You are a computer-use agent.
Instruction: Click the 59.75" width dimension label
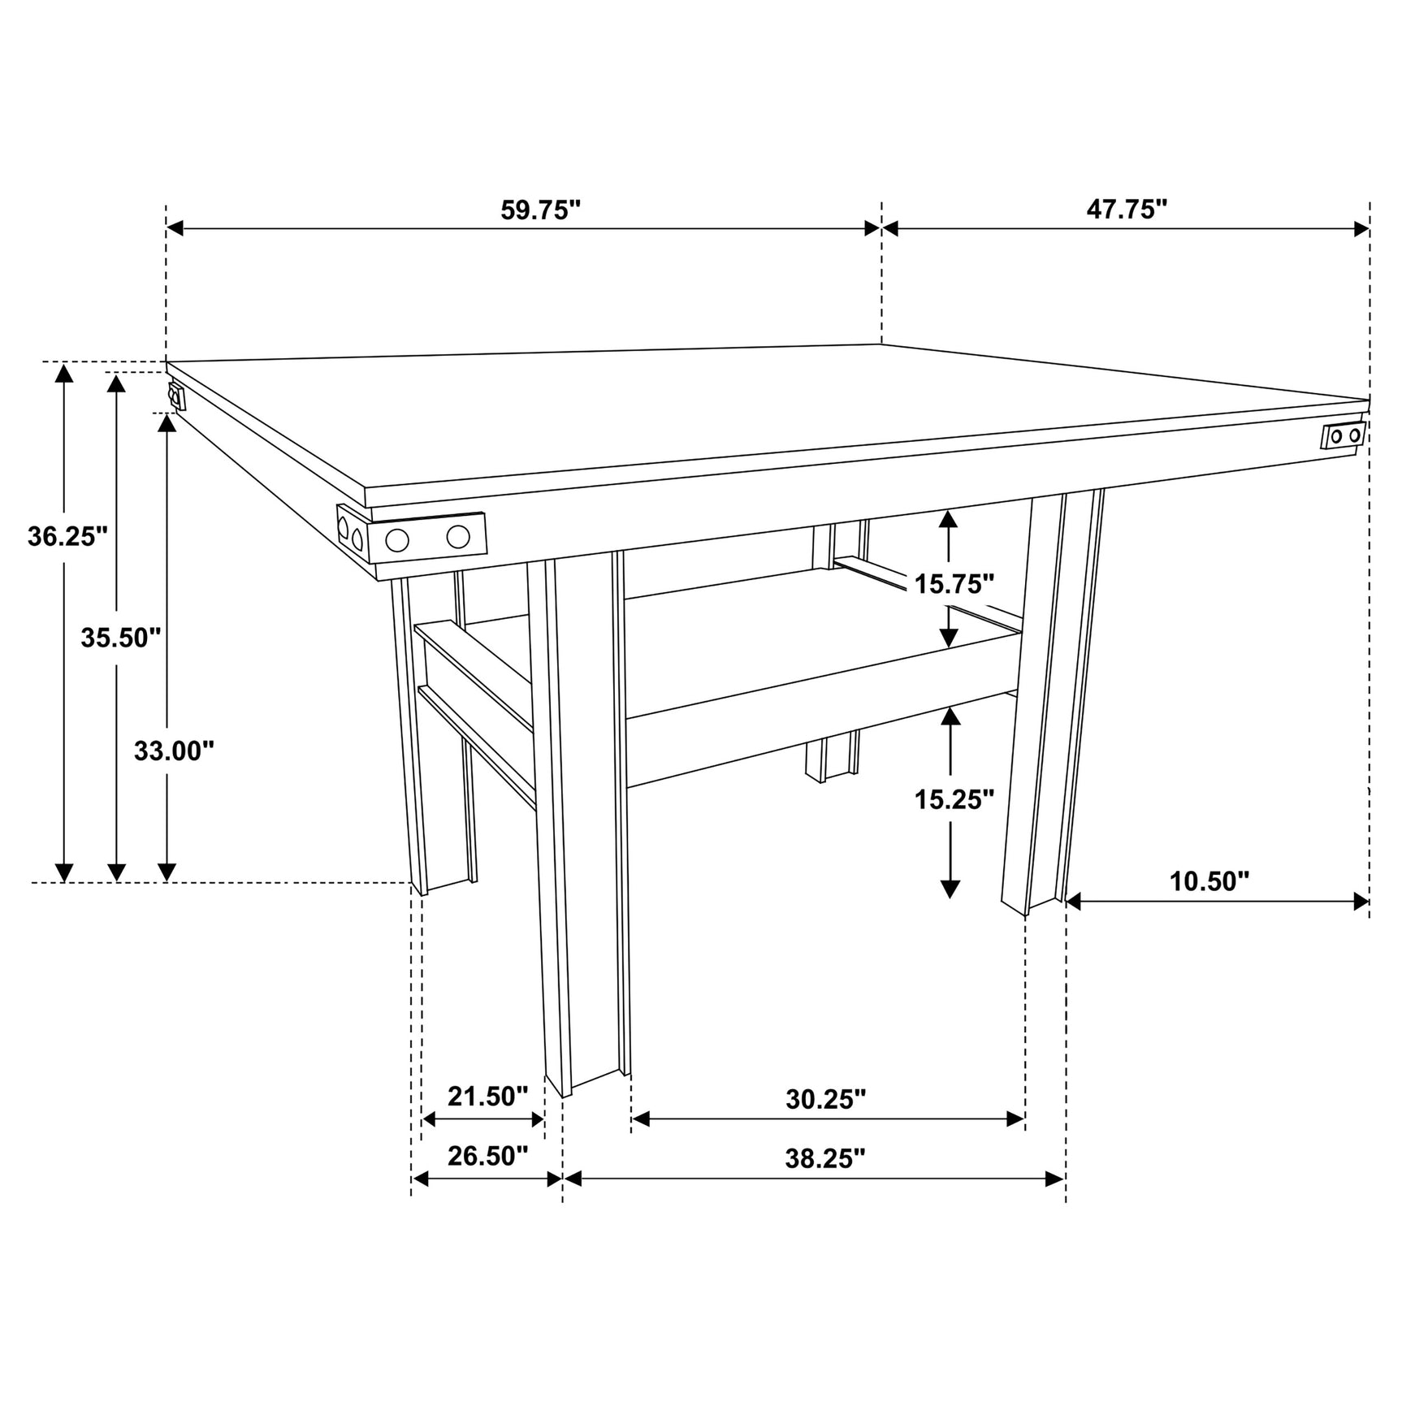pos(540,210)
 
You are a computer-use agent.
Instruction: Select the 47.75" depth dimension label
pos(1126,210)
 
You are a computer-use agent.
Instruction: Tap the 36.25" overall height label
pos(67,536)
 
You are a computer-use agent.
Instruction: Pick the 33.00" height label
pos(174,751)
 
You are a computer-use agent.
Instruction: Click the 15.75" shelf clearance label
pos(954,583)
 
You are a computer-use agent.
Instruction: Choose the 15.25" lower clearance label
pos(954,799)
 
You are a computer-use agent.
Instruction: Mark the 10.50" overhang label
pos(1209,881)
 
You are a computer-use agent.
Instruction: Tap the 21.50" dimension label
pos(487,1097)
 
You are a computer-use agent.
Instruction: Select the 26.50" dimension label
pos(487,1156)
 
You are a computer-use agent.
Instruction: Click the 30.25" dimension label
pos(825,1099)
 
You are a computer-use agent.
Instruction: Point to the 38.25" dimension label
pos(825,1158)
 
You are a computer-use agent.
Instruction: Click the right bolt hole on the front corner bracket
pos(458,537)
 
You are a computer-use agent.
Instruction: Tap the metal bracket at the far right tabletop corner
pos(1344,435)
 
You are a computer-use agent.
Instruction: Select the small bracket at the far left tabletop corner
pos(175,397)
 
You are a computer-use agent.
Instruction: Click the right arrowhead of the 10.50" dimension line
pos(1361,902)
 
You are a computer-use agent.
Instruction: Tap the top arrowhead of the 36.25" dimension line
pos(63,372)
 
